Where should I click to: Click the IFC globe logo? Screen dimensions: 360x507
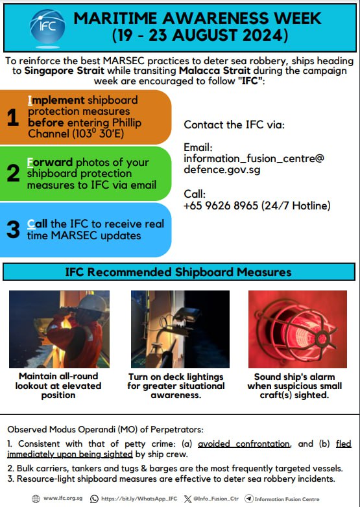tap(47, 27)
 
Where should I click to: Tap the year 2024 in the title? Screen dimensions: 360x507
tap(263, 35)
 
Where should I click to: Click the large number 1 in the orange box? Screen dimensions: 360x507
tap(12, 117)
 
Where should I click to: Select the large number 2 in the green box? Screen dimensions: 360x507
tap(13, 172)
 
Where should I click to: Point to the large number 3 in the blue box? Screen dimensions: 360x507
tap(13, 230)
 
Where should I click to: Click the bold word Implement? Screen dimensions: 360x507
tap(56, 100)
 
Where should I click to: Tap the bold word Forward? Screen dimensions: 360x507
tap(50, 162)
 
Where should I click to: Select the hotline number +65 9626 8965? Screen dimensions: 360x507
tap(221, 206)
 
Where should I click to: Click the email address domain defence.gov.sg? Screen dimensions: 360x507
tap(222, 169)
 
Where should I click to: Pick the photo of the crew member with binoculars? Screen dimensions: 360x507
tap(59, 329)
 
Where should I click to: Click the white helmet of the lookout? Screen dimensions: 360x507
tap(92, 303)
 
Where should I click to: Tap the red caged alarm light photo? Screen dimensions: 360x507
tap(298, 329)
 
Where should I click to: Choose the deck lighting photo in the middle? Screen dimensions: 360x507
tap(180, 329)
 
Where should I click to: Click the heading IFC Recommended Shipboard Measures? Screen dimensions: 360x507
tap(178, 272)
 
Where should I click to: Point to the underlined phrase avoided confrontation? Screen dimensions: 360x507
tap(244, 443)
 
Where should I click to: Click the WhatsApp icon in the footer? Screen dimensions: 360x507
tap(94, 499)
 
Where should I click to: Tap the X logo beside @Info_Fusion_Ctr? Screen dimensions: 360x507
tap(187, 499)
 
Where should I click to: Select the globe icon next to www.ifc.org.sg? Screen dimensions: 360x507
tap(36, 499)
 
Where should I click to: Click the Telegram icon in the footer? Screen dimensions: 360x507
tap(248, 499)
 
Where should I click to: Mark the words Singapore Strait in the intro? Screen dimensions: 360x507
tap(64, 71)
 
